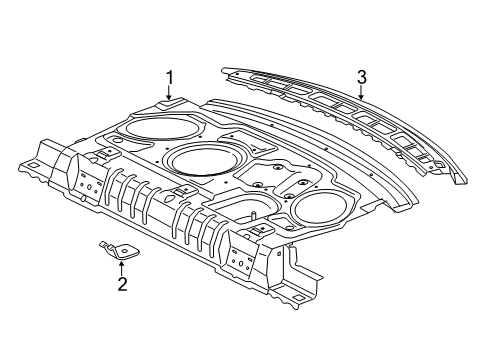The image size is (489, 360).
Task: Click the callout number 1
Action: (x=170, y=76)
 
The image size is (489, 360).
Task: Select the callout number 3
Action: (x=362, y=76)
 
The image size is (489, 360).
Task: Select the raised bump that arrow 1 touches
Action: (x=168, y=102)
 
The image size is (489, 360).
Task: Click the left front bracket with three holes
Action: (x=88, y=185)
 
